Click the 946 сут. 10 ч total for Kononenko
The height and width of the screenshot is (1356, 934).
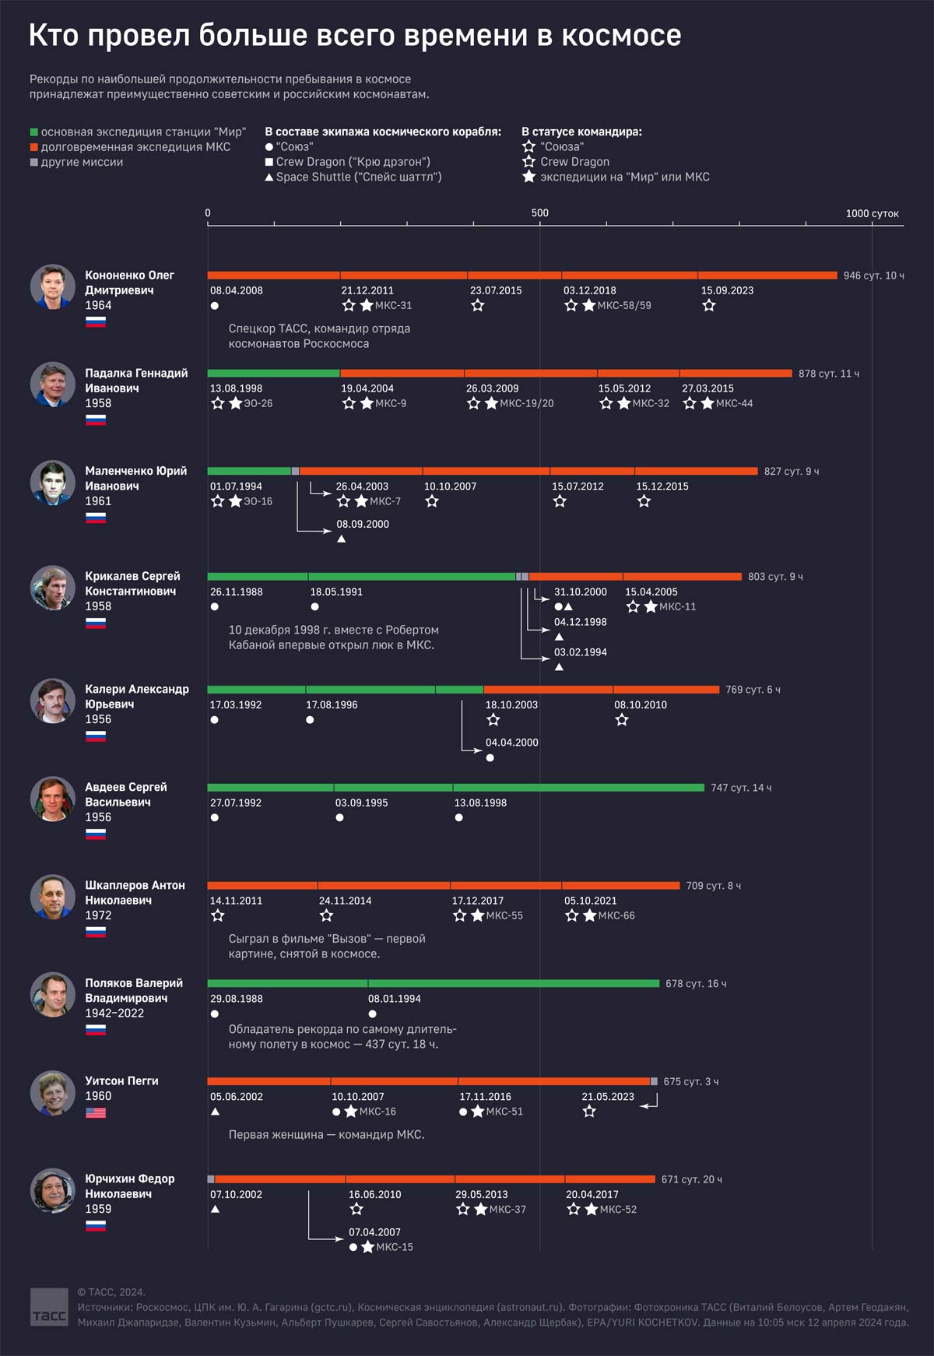click(873, 276)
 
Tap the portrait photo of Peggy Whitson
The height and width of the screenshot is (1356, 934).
click(53, 1092)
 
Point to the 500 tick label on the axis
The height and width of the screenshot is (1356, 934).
click(539, 213)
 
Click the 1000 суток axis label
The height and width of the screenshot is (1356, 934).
click(872, 213)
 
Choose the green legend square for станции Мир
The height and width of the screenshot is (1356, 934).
click(34, 132)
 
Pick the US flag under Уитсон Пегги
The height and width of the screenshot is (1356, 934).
click(96, 1113)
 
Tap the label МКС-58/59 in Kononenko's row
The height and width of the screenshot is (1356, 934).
click(624, 306)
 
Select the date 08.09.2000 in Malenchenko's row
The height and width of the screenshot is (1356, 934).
click(363, 524)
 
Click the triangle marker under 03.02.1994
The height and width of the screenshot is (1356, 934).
click(559, 667)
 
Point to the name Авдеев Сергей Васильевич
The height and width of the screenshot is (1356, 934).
click(125, 795)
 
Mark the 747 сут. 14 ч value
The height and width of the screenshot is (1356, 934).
click(740, 788)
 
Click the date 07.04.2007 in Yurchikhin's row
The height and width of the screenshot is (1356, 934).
click(374, 1232)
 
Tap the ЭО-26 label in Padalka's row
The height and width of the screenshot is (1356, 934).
click(258, 404)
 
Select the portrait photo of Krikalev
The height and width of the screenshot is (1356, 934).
click(53, 587)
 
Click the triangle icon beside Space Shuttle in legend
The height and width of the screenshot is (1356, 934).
click(269, 177)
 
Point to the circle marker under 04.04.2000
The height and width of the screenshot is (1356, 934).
click(490, 757)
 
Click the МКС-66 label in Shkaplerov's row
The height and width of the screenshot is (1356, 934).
click(616, 916)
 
